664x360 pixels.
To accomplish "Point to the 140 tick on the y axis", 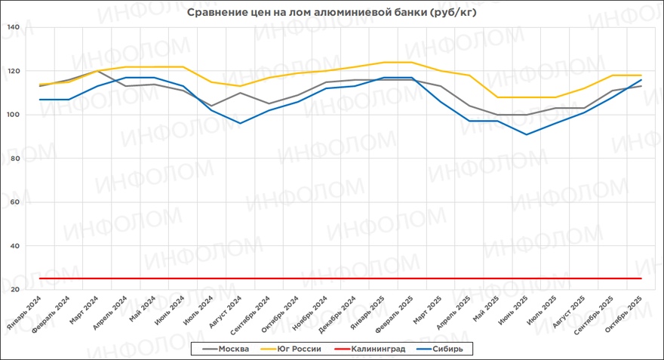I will coord(13,28).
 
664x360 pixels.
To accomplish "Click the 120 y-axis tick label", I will coord(13,72).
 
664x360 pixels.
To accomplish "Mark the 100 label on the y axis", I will coord(13,115).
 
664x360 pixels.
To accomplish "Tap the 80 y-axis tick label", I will coord(14,159).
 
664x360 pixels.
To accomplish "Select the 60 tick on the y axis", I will coord(14,203).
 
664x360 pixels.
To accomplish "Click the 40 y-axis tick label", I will coord(14,247).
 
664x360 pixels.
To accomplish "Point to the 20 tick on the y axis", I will coord(14,291).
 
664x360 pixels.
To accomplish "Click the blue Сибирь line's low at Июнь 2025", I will coord(526,134).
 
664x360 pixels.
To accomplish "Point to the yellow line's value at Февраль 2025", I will coord(410,62).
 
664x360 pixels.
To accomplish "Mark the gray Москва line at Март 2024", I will coord(97,71).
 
